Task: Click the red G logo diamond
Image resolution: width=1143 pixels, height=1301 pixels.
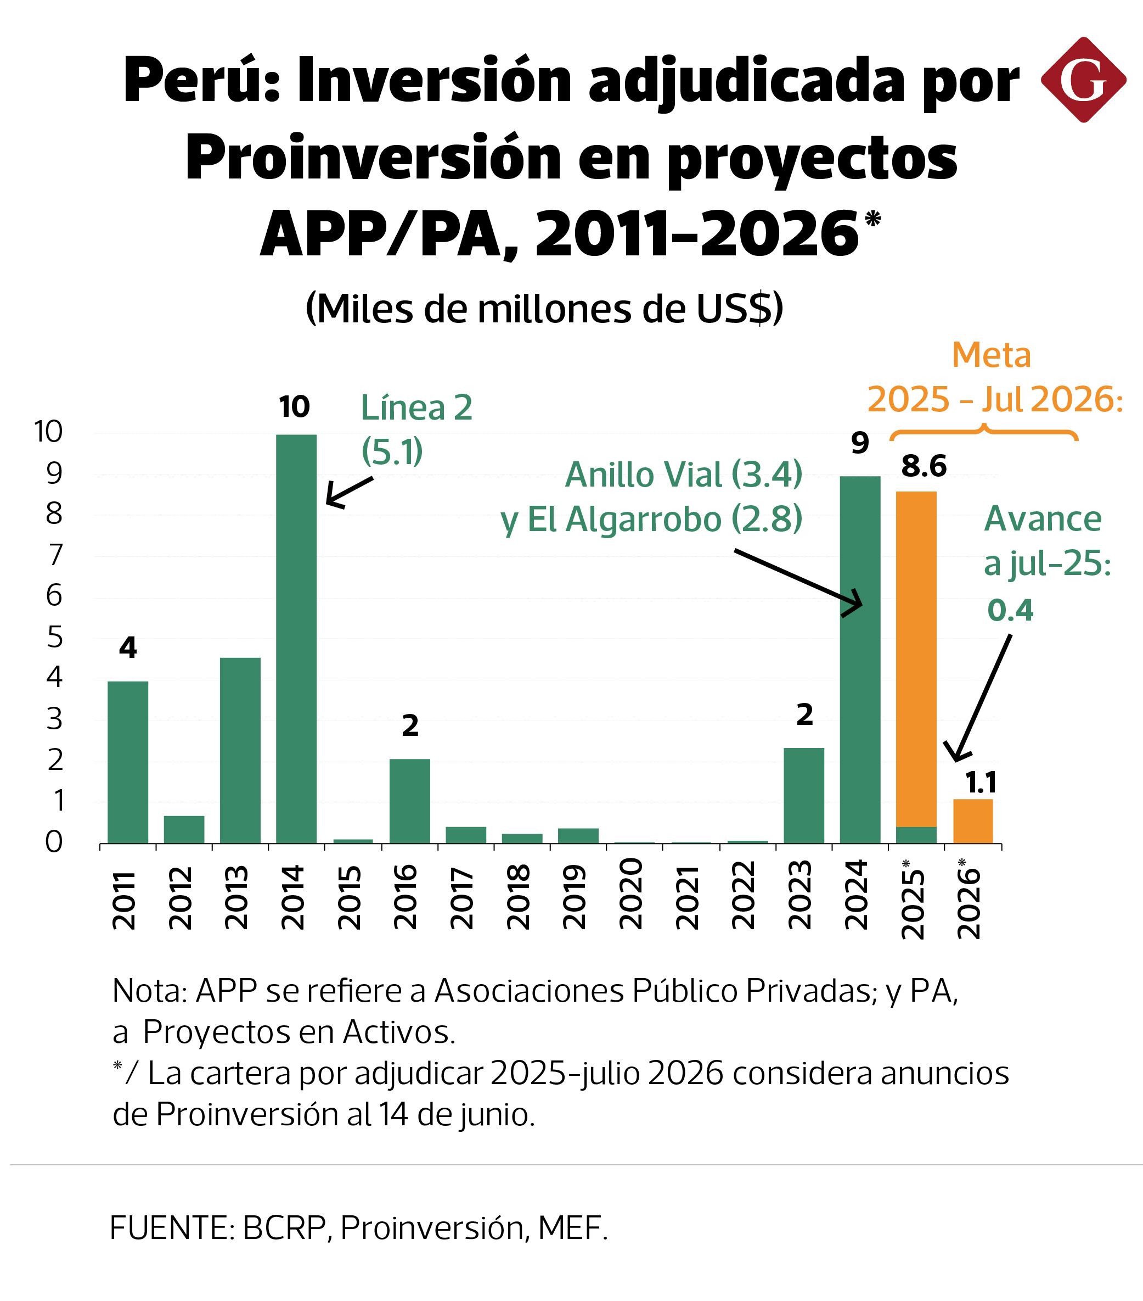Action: point(1083,80)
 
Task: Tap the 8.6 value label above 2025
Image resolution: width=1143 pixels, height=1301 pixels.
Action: point(924,467)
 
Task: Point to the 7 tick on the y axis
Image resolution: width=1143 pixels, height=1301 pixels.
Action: point(55,555)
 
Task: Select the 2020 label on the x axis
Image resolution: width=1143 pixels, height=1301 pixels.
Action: point(630,894)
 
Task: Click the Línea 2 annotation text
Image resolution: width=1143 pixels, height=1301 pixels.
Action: point(416,408)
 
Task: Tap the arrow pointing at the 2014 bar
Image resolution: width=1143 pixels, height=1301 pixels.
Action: point(348,492)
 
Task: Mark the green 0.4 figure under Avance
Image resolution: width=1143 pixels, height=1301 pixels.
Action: point(1010,610)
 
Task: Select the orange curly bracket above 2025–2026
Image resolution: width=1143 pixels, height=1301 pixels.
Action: point(983,431)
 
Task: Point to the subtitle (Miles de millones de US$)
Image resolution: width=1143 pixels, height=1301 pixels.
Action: point(544,309)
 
